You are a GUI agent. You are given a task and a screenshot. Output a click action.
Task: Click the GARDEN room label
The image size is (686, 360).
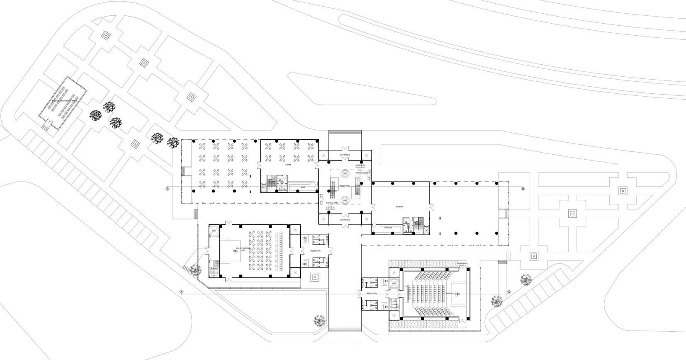pos(399,207)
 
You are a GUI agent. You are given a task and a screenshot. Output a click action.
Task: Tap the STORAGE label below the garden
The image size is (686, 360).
pos(388,228)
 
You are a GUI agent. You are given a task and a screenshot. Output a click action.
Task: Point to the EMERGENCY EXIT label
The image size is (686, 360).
pos(462,264)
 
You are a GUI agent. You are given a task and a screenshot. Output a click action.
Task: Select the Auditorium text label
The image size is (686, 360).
pos(450,293)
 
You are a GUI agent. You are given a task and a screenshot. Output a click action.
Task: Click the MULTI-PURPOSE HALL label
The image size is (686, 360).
pos(243,249)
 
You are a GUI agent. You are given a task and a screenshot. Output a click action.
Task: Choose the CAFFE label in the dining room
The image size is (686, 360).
pos(288,165)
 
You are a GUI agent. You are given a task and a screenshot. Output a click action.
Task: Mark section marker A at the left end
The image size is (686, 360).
pos(181,292)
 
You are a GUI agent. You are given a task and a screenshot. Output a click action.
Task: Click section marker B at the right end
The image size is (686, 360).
pos(523,189)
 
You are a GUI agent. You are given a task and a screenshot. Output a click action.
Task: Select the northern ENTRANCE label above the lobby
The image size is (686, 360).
pos(345,155)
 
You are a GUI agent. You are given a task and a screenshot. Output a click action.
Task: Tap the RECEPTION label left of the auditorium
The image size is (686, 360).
pos(372,293)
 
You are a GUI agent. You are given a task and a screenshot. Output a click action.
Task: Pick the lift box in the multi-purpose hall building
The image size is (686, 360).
pos(214,231)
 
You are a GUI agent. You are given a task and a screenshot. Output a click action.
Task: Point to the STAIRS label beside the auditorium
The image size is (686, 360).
pos(394,305)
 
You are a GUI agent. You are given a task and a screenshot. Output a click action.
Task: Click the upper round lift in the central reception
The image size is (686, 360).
pos(345,174)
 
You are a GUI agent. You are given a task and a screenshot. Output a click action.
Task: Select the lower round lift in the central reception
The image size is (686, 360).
pos(345,200)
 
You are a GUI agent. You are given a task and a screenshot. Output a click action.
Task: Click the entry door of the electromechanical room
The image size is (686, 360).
pos(47,123)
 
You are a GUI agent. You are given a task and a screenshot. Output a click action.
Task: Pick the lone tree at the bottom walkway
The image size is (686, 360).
pos(319,321)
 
